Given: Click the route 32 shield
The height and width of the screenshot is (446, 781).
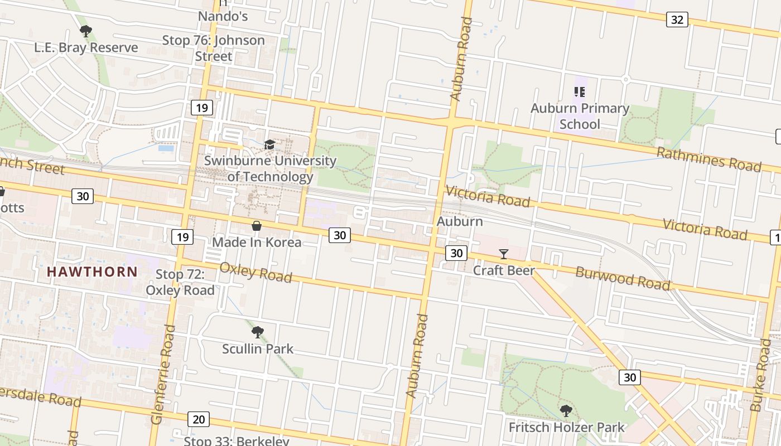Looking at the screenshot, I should [x=677, y=20].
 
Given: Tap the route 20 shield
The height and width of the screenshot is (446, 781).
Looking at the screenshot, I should [x=198, y=419].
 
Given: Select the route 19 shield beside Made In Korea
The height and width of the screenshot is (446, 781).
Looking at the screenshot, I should [x=182, y=237].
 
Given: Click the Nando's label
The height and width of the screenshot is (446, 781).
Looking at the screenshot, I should [x=223, y=16].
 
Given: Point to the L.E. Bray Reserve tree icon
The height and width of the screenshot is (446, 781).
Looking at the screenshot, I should [x=85, y=31].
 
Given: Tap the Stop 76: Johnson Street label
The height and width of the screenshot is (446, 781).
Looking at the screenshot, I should [x=214, y=48].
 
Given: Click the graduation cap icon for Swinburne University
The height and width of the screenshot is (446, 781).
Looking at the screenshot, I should [x=270, y=145].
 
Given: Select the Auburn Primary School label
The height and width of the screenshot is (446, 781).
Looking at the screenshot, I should [x=580, y=116].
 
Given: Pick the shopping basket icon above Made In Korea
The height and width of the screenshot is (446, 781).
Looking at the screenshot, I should [x=257, y=226].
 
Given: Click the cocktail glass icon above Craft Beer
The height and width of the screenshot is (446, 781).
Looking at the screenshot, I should [x=504, y=254].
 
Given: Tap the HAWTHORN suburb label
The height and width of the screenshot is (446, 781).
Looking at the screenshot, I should [x=92, y=272].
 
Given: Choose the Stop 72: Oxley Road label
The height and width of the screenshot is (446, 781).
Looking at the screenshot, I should [x=180, y=282].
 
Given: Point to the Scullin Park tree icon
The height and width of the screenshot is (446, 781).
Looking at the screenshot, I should [x=257, y=333].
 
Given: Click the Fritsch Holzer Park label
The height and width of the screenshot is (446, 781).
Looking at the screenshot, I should [x=567, y=428].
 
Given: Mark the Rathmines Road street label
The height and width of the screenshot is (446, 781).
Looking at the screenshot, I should [x=708, y=159].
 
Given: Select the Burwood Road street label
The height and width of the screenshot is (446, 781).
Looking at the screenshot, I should [x=623, y=278].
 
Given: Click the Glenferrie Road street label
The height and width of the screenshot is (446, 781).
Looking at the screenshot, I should [x=163, y=375].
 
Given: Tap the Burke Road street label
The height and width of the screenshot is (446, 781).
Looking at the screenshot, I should [x=761, y=375].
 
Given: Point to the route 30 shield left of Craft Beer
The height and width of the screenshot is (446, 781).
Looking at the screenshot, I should [x=456, y=253].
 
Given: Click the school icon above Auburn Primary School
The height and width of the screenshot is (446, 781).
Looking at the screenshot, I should [x=579, y=91].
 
